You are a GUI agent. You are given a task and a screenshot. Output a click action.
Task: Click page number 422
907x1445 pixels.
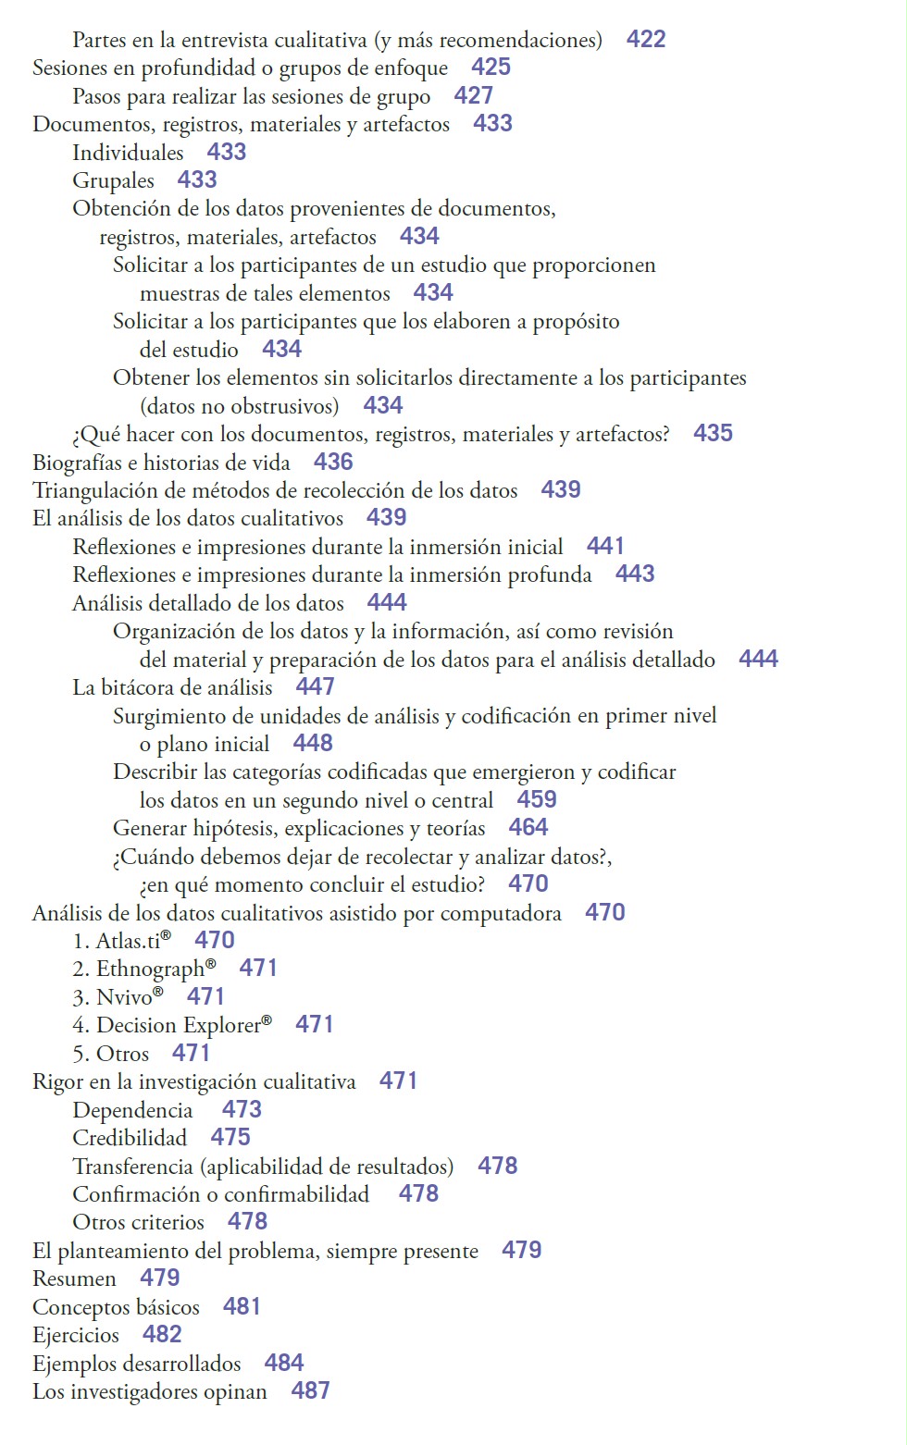coord(645,39)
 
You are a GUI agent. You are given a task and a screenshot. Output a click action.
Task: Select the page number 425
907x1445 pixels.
coord(491,67)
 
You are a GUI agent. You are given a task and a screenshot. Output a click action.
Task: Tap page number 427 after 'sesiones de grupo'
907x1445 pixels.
coord(473,95)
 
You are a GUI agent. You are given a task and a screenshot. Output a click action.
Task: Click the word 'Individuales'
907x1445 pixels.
coord(128,153)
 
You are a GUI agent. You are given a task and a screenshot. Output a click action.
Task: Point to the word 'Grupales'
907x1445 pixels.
coord(113,180)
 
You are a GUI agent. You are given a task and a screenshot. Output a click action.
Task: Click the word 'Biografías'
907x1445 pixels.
coord(77,463)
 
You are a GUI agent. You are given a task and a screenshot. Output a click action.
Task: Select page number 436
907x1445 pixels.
coord(333,462)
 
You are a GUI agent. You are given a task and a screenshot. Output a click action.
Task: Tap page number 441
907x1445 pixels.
coord(605,546)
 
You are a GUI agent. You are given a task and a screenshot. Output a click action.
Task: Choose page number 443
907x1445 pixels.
coord(635,574)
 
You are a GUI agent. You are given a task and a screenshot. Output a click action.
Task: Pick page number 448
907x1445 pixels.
coord(313,743)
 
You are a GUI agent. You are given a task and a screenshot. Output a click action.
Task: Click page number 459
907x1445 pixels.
coord(537,799)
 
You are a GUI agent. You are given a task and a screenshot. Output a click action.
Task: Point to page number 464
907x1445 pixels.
coord(528,827)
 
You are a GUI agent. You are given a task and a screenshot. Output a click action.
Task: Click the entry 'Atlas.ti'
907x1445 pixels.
coord(129,941)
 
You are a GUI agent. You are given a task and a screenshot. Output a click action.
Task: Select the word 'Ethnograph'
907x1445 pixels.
coord(150,970)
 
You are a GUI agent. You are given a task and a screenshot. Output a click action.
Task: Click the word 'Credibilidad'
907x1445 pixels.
coord(130,1138)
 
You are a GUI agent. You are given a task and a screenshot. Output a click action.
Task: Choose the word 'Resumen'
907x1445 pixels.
coord(74,1278)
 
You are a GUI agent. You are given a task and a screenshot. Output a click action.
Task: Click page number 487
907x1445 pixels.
coord(310,1390)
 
